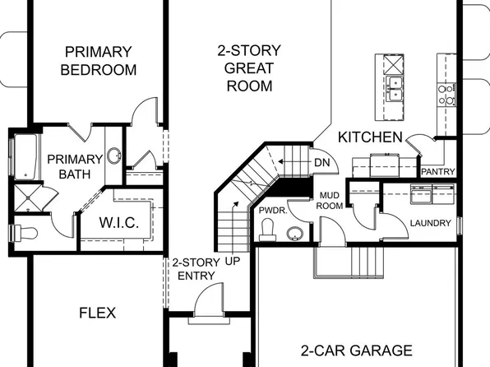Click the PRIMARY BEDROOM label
pyautogui.click(x=98, y=62)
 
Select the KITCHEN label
pyautogui.click(x=371, y=137)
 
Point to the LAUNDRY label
pyautogui.click(x=430, y=223)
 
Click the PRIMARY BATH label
pyautogui.click(x=74, y=166)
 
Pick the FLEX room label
pyautogui.click(x=98, y=313)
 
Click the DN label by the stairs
pyautogui.click(x=322, y=162)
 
